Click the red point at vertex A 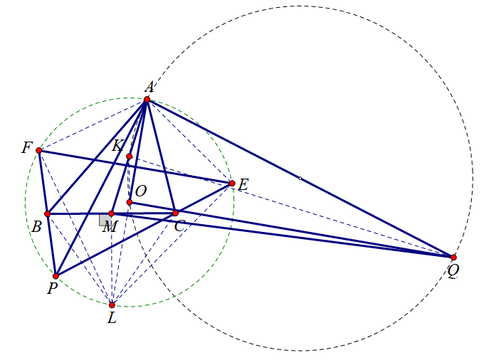(x=147, y=100)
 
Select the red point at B (x=48, y=213)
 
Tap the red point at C (x=175, y=213)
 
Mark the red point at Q (x=453, y=257)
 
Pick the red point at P (x=56, y=276)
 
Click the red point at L (x=112, y=305)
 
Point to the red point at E (x=232, y=184)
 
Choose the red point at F (x=38, y=150)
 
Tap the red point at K (x=129, y=157)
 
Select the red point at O (x=129, y=202)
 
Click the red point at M (x=111, y=213)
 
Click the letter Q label (x=453, y=271)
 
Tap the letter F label (x=27, y=148)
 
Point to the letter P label (x=52, y=289)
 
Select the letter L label (x=112, y=318)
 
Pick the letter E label (x=243, y=186)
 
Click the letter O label (x=140, y=191)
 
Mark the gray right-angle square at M (x=105, y=220)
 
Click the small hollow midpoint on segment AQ (x=300, y=178)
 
